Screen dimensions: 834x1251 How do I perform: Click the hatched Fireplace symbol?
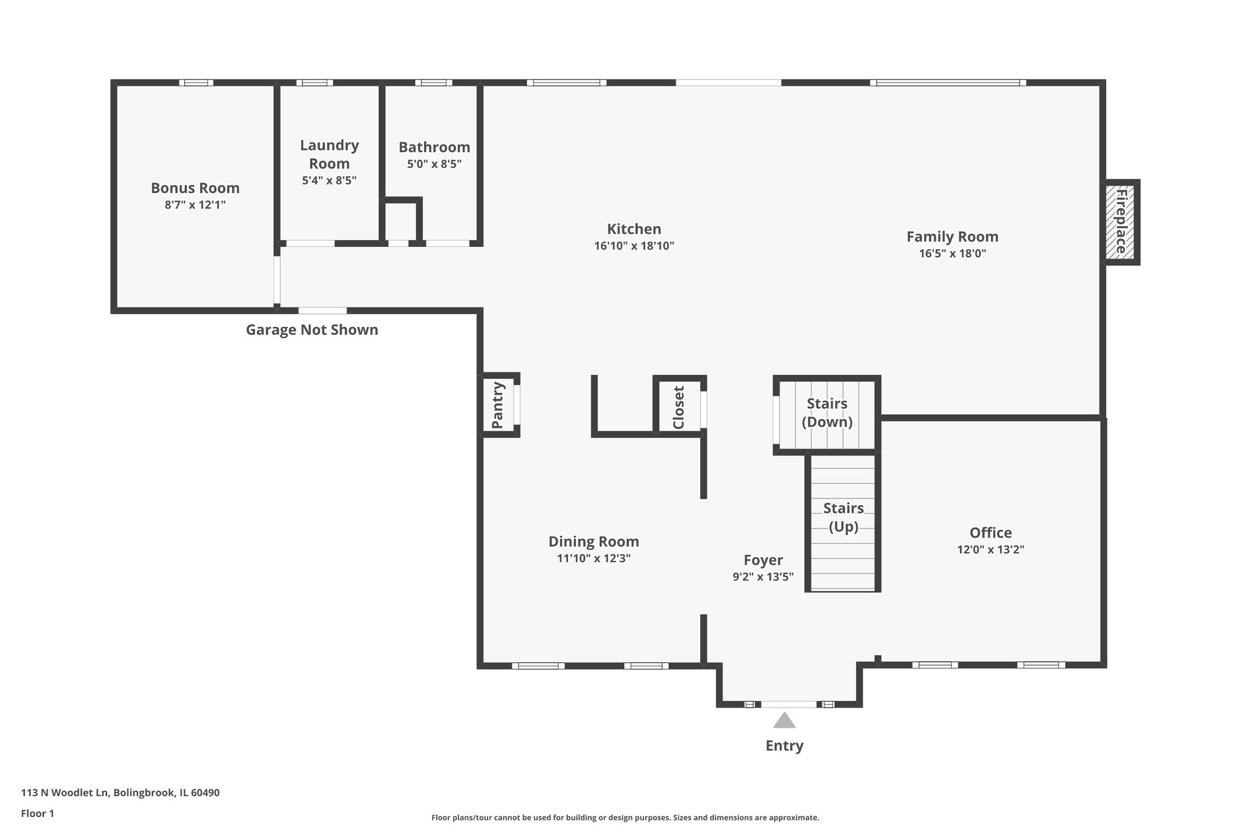(1121, 222)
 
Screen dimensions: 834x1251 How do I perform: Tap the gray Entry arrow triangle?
(784, 721)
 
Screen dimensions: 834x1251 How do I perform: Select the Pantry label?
(498, 405)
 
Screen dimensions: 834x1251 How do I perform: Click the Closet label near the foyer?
(679, 407)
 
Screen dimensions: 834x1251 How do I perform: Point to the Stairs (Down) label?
(827, 412)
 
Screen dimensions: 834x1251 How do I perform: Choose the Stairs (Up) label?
(843, 517)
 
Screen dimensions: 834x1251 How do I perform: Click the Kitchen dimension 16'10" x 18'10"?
(633, 246)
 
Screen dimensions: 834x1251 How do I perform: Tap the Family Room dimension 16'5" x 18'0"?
(952, 254)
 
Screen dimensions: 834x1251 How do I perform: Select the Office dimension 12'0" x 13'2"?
(990, 549)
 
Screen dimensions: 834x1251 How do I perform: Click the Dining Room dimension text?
(593, 558)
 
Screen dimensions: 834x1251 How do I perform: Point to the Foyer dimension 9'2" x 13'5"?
(763, 577)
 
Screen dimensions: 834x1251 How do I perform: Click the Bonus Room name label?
(195, 188)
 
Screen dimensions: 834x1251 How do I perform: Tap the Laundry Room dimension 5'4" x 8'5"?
(329, 181)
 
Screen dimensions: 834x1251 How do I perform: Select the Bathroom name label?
(434, 147)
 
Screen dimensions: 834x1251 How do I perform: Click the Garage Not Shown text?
(312, 330)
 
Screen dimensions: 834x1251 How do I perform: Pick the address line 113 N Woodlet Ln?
(120, 792)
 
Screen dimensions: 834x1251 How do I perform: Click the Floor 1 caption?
(38, 813)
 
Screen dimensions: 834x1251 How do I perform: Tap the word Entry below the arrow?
(784, 745)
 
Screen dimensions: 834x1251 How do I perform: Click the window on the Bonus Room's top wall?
(196, 82)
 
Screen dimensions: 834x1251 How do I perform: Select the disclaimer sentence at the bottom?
(625, 818)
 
